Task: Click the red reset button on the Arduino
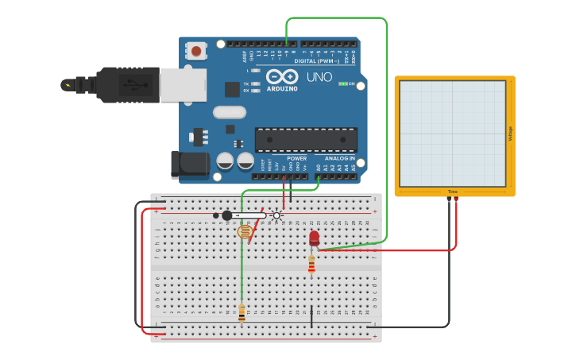click(195, 52)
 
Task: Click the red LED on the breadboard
click(314, 238)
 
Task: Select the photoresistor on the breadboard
click(245, 232)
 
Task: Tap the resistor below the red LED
click(311, 265)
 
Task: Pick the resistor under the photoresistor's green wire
click(242, 314)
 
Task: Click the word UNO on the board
click(319, 77)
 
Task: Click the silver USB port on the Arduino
click(183, 85)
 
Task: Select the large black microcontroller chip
click(305, 139)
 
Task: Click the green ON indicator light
click(343, 83)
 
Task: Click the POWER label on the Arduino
click(296, 158)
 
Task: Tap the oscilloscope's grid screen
click(452, 134)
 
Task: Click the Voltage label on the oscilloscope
click(510, 134)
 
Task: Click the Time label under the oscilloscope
click(452, 192)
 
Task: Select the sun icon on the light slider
click(276, 215)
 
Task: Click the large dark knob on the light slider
click(227, 215)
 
